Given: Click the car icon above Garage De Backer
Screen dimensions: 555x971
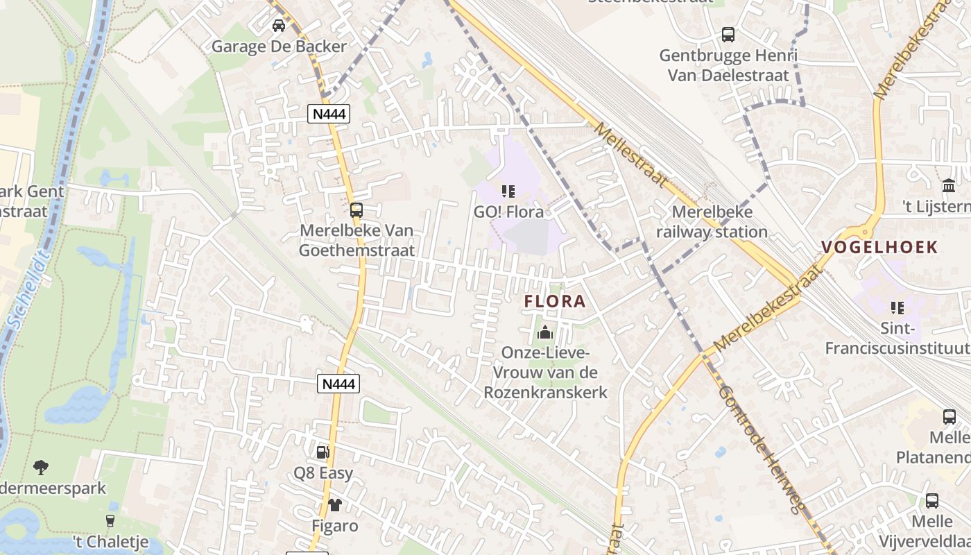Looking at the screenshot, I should tap(279, 26).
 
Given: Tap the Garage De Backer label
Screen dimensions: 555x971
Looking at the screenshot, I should tap(279, 46).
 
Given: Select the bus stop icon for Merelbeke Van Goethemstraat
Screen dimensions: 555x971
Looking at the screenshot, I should tap(356, 210).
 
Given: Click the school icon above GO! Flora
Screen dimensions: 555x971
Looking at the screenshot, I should tap(508, 191).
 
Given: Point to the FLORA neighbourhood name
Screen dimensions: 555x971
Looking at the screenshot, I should tap(556, 302).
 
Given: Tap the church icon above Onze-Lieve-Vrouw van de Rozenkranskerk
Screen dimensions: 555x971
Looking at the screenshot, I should tap(545, 332).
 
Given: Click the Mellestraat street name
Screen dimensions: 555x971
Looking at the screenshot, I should tap(631, 156).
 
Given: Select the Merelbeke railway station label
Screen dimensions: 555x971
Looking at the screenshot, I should tap(712, 222).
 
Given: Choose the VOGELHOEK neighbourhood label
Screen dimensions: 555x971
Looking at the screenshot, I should tap(879, 247).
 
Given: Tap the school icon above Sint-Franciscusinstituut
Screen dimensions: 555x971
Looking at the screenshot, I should tap(897, 307).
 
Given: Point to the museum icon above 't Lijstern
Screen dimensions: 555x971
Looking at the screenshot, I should tap(948, 185).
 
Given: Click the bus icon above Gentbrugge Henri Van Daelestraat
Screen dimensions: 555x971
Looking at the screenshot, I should tap(728, 34).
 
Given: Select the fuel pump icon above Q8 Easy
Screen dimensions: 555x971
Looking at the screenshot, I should tap(323, 452).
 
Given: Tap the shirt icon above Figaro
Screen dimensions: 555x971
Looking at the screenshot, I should tap(335, 505).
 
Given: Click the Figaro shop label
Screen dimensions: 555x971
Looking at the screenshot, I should tap(335, 526).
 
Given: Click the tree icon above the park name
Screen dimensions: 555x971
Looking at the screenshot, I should tap(41, 467).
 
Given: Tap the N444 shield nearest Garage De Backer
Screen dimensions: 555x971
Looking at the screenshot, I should tap(329, 114).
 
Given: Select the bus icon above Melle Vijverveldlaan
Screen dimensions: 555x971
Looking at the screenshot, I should tap(932, 501).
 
